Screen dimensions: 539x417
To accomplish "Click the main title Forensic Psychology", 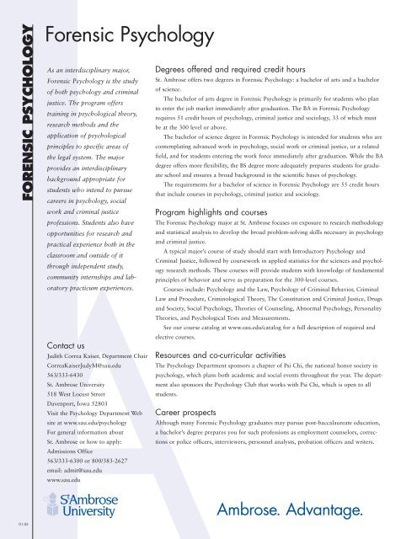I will pyautogui.click(x=126, y=35).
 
